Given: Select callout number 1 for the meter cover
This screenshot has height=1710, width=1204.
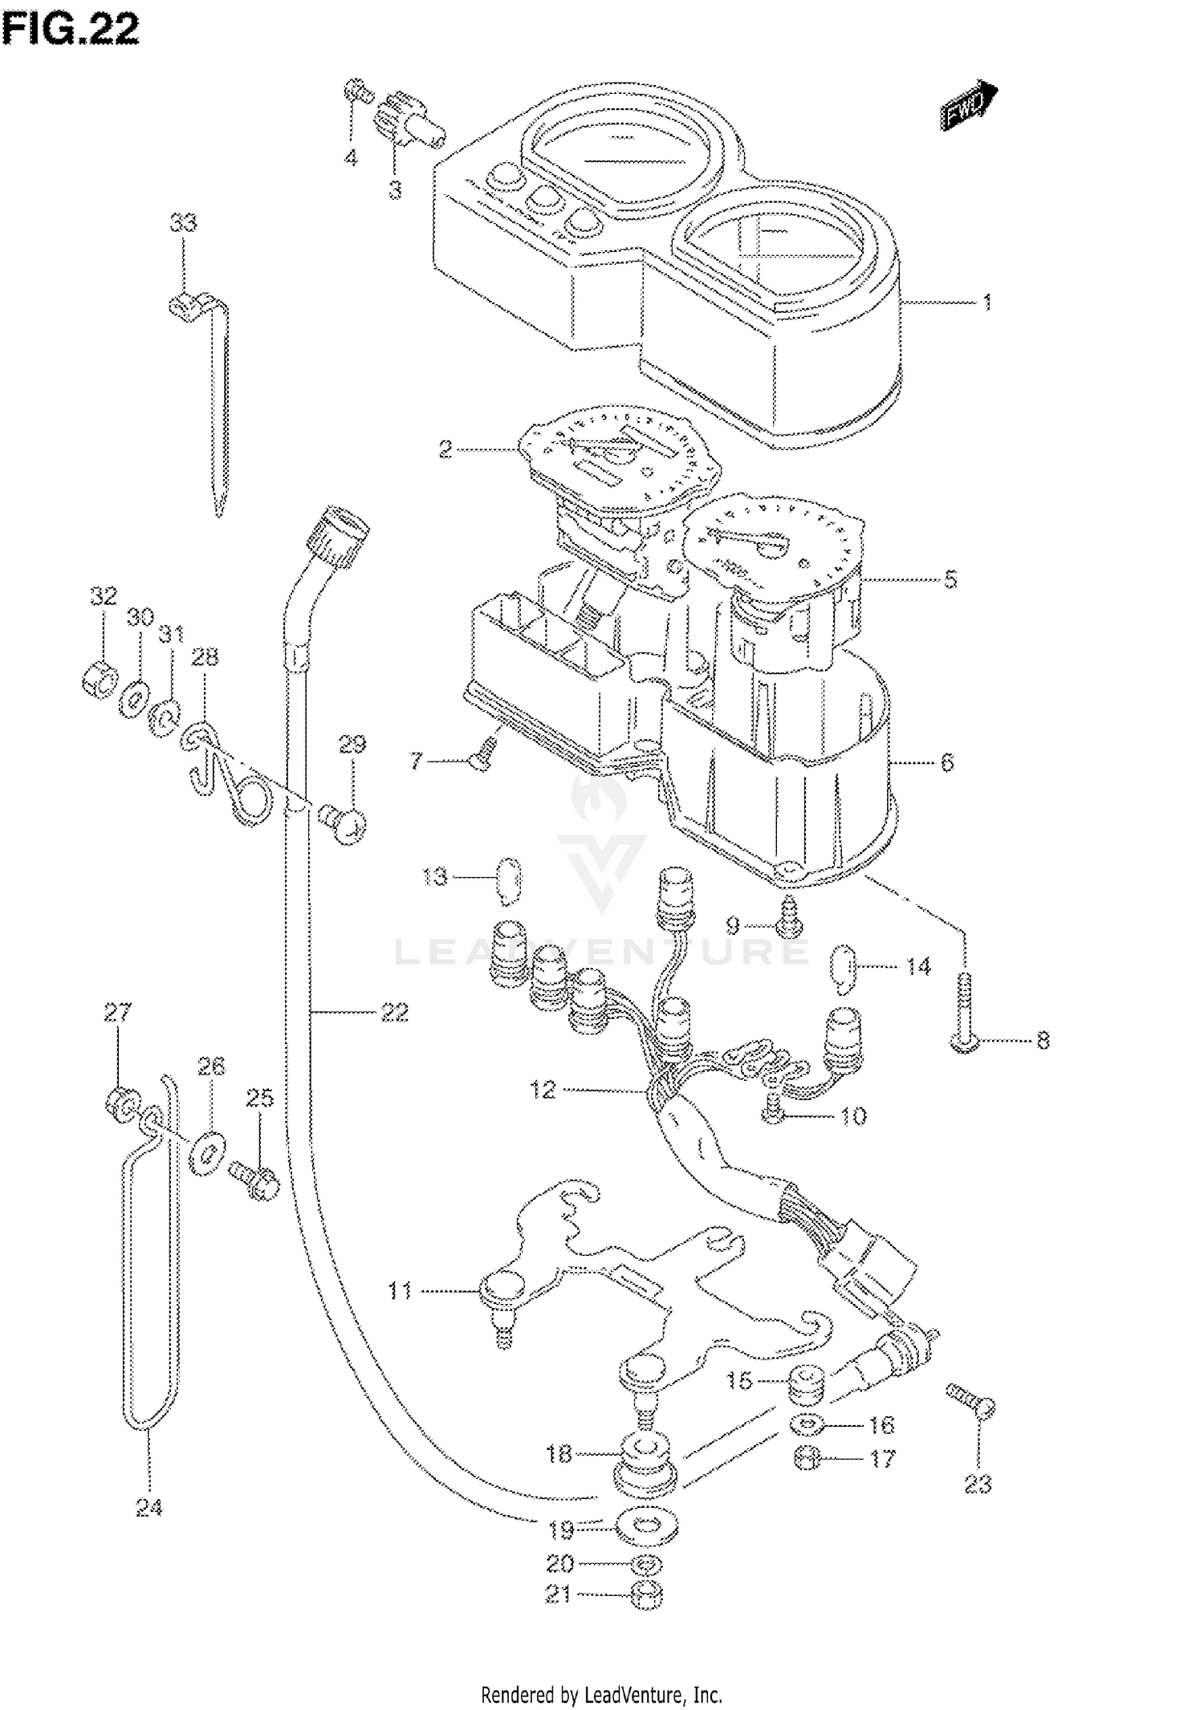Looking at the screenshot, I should click(986, 303).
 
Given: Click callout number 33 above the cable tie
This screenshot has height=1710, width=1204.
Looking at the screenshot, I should click(183, 222).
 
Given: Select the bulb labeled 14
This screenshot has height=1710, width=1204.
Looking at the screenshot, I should click(841, 969).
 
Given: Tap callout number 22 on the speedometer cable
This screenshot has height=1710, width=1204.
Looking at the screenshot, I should click(394, 1013).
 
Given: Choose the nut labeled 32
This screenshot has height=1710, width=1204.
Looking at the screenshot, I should click(98, 679).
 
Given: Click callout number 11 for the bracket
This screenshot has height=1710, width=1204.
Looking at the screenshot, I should click(399, 1291).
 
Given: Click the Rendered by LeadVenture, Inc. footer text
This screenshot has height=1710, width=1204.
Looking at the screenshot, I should click(601, 1695).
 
